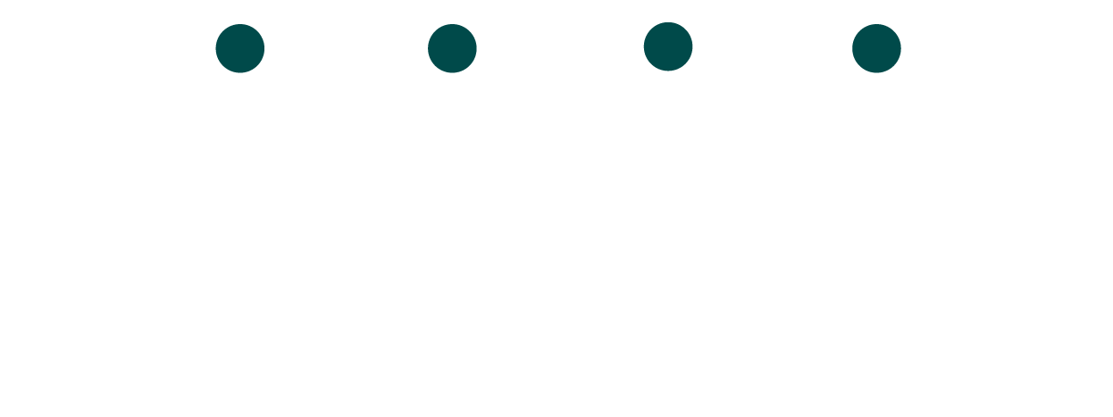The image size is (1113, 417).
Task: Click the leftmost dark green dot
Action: pos(240,48)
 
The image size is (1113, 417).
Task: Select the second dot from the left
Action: pos(452,48)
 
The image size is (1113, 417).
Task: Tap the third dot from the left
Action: pos(668,46)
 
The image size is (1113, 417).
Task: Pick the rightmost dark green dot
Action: pos(876,48)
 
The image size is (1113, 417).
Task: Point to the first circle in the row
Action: pos(240,48)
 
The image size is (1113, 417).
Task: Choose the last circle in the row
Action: pos(876,48)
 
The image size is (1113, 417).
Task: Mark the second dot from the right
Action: pos(668,46)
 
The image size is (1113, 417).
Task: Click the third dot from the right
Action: pos(452,48)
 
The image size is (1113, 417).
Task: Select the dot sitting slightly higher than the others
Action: pos(668,46)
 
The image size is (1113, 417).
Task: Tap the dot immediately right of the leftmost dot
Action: pos(452,48)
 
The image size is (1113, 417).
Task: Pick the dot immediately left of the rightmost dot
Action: pos(668,46)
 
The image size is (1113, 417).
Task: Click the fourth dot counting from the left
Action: pos(876,48)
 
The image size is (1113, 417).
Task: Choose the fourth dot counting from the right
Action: pos(240,48)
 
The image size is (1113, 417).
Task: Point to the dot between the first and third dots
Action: pos(452,48)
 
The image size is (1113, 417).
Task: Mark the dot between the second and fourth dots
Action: pos(668,46)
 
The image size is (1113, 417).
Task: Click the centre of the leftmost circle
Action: pos(240,48)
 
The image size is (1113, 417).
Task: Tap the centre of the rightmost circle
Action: pos(876,48)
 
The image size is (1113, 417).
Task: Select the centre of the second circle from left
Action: pos(452,48)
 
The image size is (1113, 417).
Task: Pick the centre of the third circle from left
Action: pos(668,46)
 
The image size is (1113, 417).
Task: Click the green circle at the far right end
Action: pos(876,48)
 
